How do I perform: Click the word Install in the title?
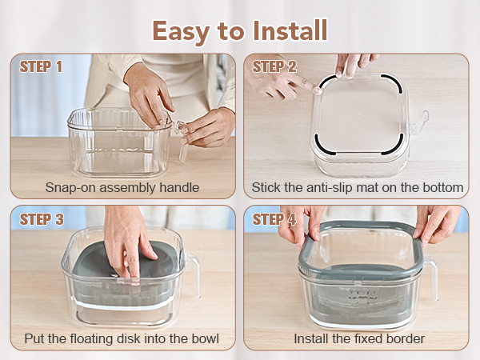[290, 30]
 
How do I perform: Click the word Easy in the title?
[181, 31]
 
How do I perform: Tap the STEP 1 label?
[41, 66]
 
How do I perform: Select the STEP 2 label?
[274, 66]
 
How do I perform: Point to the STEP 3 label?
[42, 219]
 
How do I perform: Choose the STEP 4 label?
[274, 219]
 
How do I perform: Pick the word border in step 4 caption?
[406, 338]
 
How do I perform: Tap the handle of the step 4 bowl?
[432, 278]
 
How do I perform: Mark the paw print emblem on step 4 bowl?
[362, 294]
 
